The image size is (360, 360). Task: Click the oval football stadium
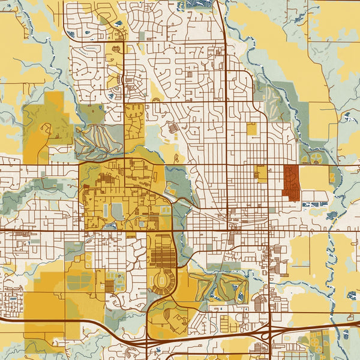click(x=163, y=280)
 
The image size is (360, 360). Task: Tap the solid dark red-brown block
click(x=291, y=183)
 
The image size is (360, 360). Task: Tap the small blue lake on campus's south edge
click(x=109, y=227)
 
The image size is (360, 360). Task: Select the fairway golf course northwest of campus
click(x=99, y=139)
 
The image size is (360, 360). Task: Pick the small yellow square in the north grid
click(x=251, y=128)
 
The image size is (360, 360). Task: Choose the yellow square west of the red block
click(x=262, y=173)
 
